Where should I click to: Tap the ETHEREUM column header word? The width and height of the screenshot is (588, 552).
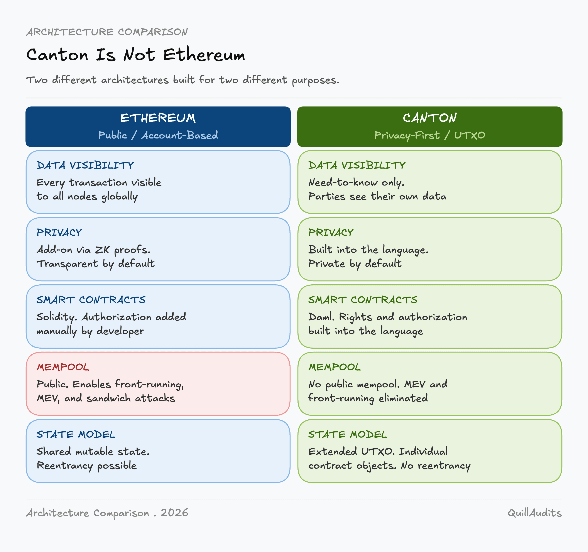[158, 118]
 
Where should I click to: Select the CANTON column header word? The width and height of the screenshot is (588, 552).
[430, 118]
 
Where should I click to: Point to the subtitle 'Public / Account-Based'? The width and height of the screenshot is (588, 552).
[158, 135]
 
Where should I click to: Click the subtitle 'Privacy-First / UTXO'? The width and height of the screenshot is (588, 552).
[430, 135]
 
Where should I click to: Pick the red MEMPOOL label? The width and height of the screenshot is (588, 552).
[63, 367]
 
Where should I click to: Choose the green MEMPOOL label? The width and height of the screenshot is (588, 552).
[335, 367]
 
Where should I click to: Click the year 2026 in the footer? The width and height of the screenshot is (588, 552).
[174, 513]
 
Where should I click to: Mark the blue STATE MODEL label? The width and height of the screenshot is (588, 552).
[76, 434]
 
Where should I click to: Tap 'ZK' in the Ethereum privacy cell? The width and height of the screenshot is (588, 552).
[102, 250]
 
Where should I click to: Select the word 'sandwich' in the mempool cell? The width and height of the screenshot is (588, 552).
[108, 398]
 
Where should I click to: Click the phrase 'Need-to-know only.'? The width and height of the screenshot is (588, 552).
[357, 183]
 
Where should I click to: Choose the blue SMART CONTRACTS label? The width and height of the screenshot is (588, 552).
[91, 300]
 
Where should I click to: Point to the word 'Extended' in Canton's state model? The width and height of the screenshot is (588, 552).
[333, 451]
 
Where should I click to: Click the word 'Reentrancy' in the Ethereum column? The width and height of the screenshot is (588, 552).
[65, 466]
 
